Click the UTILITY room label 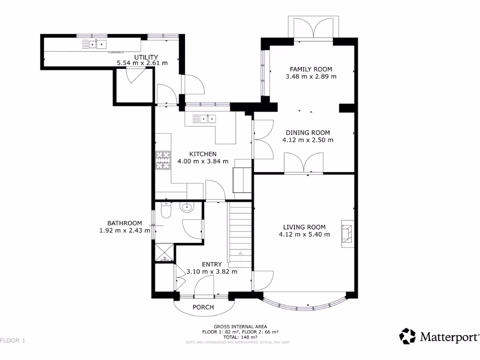click(x=142, y=57)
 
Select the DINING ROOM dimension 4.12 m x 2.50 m click(x=308, y=140)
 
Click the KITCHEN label click(x=202, y=154)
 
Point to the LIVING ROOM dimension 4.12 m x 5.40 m click(x=304, y=234)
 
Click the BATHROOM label click(x=124, y=223)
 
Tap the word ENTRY click(x=212, y=264)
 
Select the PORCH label click(x=203, y=307)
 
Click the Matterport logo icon click(x=407, y=336)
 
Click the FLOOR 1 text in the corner click(x=13, y=340)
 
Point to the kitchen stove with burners click(x=162, y=160)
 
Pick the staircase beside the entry click(x=240, y=234)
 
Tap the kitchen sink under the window click(x=205, y=119)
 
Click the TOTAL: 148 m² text click(x=240, y=337)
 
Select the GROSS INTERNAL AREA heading click(x=240, y=326)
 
